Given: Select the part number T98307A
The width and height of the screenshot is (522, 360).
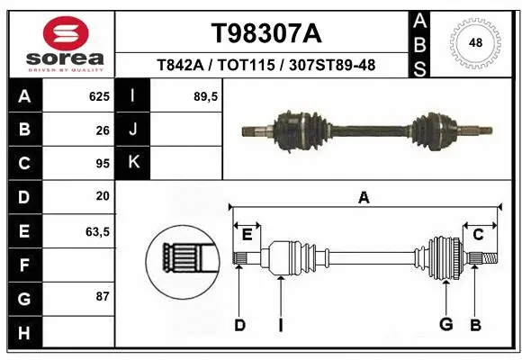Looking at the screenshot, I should pos(265,33).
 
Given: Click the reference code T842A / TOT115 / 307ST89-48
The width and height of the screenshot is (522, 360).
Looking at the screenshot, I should pos(265,66).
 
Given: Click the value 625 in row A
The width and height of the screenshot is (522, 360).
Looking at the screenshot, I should pos(99,96).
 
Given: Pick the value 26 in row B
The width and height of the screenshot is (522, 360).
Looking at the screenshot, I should pos(103,130).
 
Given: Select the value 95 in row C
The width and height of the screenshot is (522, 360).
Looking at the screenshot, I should pos(103,164).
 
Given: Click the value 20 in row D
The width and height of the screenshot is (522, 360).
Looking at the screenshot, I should pos(103,196).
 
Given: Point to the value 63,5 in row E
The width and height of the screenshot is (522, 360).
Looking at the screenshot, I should pos(97,231).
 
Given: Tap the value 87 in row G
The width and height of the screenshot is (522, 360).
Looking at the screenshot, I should pos(103,296).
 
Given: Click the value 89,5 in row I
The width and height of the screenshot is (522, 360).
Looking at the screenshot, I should pos(207,96).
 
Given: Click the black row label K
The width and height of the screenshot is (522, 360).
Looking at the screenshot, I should pos(134,163).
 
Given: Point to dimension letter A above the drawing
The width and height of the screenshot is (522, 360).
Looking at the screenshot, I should pos(364,198).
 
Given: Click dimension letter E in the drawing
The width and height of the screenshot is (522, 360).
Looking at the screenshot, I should pos(247,235).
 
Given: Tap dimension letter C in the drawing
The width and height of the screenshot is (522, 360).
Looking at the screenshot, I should pos(479,235).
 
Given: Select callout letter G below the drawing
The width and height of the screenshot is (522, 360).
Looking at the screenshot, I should pos(445,325).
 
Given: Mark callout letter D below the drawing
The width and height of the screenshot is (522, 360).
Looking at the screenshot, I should pos(239,325).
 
